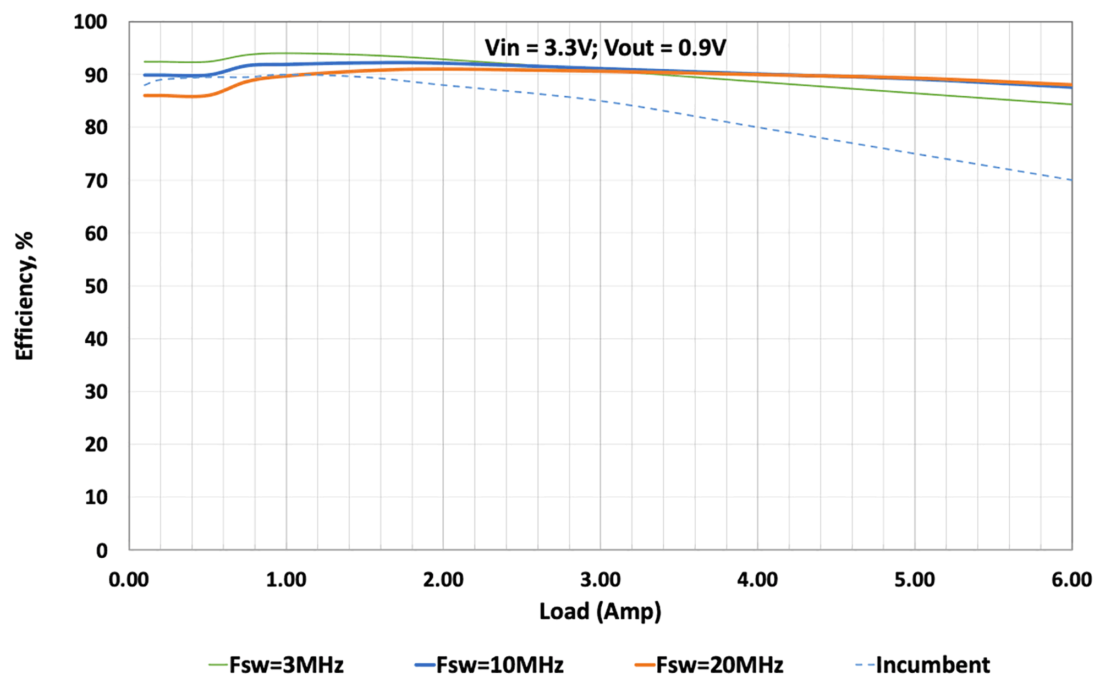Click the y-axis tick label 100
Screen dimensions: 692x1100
click(90, 22)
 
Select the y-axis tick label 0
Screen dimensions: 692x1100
click(102, 550)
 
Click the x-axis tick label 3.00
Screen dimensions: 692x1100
click(601, 580)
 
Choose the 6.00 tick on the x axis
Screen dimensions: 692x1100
click(1071, 580)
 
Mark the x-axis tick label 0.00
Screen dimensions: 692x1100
click(129, 580)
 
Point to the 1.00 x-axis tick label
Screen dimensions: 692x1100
click(286, 580)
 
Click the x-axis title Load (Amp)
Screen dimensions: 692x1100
click(600, 612)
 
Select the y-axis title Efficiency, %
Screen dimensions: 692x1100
click(24, 296)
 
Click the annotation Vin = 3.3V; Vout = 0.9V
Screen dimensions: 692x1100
click(605, 48)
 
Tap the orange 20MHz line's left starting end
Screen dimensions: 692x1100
click(145, 96)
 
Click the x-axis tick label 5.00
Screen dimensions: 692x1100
click(915, 580)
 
